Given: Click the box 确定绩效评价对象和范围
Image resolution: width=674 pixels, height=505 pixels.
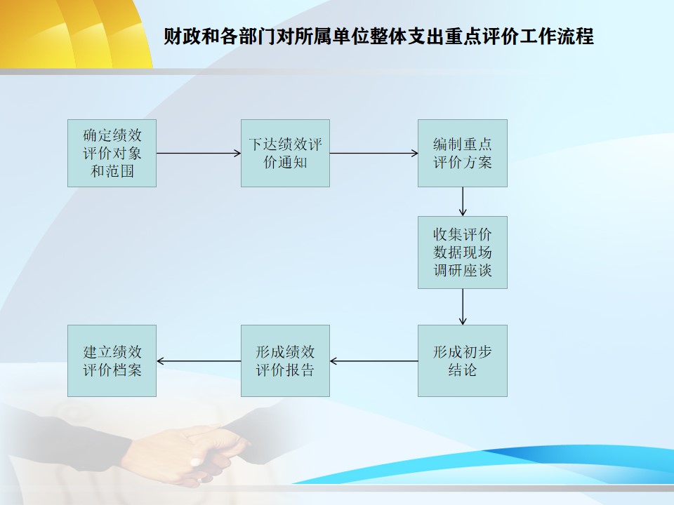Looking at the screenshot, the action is pyautogui.click(x=112, y=154).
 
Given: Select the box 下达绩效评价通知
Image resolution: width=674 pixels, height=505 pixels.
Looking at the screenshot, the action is pyautogui.click(x=286, y=154).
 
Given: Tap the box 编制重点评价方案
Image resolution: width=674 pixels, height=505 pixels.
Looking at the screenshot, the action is pyautogui.click(x=463, y=154).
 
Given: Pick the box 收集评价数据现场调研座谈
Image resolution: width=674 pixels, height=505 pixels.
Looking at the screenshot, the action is pyautogui.click(x=463, y=252).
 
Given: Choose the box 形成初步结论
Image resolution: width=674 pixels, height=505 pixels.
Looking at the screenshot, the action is pyautogui.click(x=463, y=361).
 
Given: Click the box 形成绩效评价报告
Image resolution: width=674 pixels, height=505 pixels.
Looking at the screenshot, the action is pyautogui.click(x=286, y=361).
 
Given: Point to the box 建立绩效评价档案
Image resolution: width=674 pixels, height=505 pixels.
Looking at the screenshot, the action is pyautogui.click(x=112, y=361).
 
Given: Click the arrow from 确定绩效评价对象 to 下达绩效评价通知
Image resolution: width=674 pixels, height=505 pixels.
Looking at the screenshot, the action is pyautogui.click(x=199, y=154).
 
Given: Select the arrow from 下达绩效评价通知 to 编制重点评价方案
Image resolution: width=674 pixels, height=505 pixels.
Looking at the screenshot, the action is pyautogui.click(x=374, y=154).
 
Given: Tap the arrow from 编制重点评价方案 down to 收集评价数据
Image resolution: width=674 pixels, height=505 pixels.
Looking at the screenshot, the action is pyautogui.click(x=463, y=201).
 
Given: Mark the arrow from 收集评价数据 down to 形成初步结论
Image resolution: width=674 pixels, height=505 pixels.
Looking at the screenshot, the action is pyautogui.click(x=463, y=307).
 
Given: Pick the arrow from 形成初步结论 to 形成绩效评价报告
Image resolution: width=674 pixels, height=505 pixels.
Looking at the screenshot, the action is pyautogui.click(x=374, y=361).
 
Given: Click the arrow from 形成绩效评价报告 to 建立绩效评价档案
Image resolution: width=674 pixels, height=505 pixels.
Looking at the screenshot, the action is pyautogui.click(x=199, y=361).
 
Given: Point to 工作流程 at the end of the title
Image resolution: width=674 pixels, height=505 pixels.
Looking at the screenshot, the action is pyautogui.click(x=557, y=36).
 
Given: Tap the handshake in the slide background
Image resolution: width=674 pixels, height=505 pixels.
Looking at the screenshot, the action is pyautogui.click(x=189, y=452).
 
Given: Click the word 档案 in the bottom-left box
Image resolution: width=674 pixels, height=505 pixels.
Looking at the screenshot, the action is pyautogui.click(x=127, y=370).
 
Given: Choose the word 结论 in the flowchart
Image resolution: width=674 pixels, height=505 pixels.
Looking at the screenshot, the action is pyautogui.click(x=463, y=370).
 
